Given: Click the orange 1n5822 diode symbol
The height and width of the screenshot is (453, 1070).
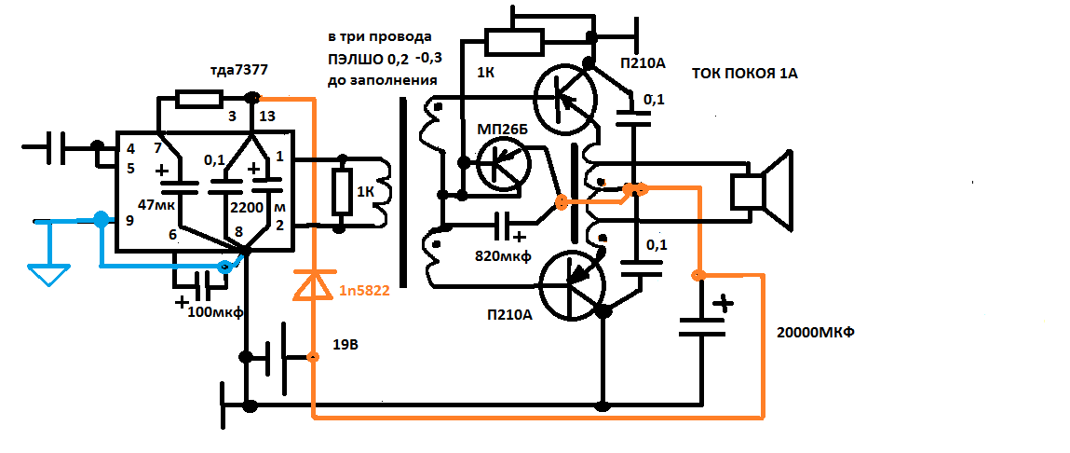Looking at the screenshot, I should pos(313,285).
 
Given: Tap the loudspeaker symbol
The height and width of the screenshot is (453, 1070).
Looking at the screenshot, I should pos(761,190).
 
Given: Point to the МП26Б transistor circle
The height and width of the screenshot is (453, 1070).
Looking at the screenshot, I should pos(503,164).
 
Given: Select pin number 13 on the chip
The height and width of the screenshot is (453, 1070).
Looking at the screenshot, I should pos(267,117).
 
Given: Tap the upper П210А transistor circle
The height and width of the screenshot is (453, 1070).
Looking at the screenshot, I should pos(565,97).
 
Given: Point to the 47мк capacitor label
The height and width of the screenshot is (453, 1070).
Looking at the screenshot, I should pos(155,203).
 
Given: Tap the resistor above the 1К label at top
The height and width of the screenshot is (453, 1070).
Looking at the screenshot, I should pos(514,41).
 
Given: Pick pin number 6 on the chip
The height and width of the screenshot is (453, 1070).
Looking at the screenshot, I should pos(172,236).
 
